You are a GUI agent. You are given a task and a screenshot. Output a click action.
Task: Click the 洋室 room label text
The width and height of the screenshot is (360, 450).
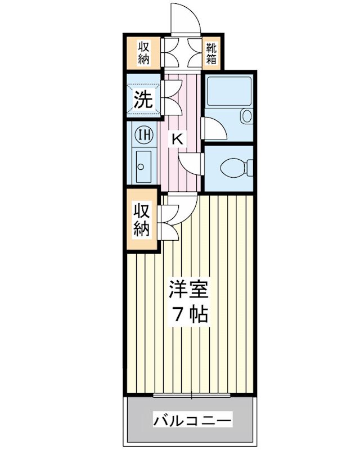[x=189, y=290]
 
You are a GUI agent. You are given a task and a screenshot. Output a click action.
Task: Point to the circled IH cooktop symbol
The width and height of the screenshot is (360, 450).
[x=144, y=135]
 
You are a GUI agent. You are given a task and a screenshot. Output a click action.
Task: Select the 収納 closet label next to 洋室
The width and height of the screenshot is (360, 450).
[x=142, y=220]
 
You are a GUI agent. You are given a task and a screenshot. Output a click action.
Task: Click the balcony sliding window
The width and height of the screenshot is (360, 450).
[x=191, y=396]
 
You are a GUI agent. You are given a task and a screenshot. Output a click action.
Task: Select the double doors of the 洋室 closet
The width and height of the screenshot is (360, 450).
[x=169, y=221]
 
